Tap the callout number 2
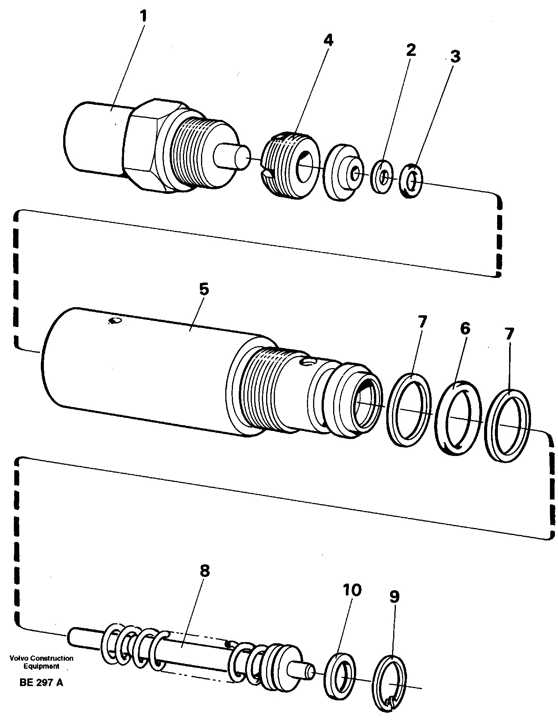tap(411, 50)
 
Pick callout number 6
tap(465, 328)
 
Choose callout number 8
tap(204, 571)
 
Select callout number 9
tap(394, 597)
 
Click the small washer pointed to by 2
tap(382, 176)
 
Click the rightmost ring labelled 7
tap(508, 426)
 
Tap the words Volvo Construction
tap(42, 658)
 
